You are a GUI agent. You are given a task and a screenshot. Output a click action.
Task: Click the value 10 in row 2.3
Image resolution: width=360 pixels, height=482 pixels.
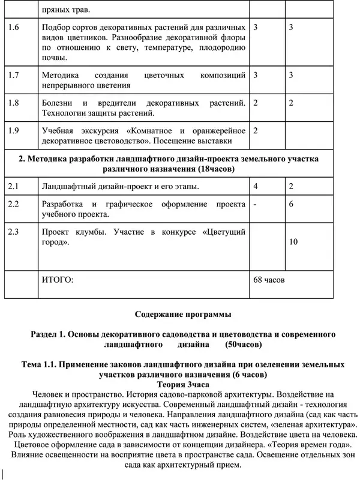294,242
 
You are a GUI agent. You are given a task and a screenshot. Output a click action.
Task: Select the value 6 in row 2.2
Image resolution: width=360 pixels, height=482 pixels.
291,204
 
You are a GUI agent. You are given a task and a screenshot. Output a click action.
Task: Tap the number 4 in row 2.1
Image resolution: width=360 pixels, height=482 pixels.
256,187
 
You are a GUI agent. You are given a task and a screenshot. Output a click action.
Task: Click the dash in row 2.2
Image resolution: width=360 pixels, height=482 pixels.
256,204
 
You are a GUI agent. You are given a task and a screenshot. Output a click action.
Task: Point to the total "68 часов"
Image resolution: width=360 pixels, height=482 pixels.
270,280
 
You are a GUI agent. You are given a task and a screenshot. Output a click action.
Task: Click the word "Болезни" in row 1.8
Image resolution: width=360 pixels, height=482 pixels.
61,103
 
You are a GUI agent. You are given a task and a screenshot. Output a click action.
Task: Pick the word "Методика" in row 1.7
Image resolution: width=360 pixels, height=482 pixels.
64,75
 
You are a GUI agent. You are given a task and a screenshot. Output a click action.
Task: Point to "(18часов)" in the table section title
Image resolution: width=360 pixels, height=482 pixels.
213,169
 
